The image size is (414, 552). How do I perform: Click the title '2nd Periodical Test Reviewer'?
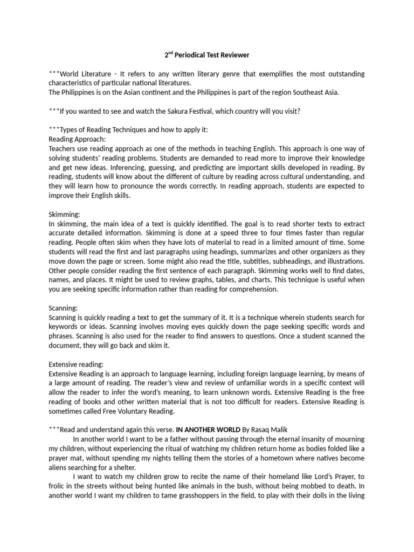click(207, 55)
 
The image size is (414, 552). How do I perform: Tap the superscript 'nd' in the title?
click(170, 53)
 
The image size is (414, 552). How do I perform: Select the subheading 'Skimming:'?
click(64, 214)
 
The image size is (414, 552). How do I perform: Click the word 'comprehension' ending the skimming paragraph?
click(253, 289)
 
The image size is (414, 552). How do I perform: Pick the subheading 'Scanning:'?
click(64, 308)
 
